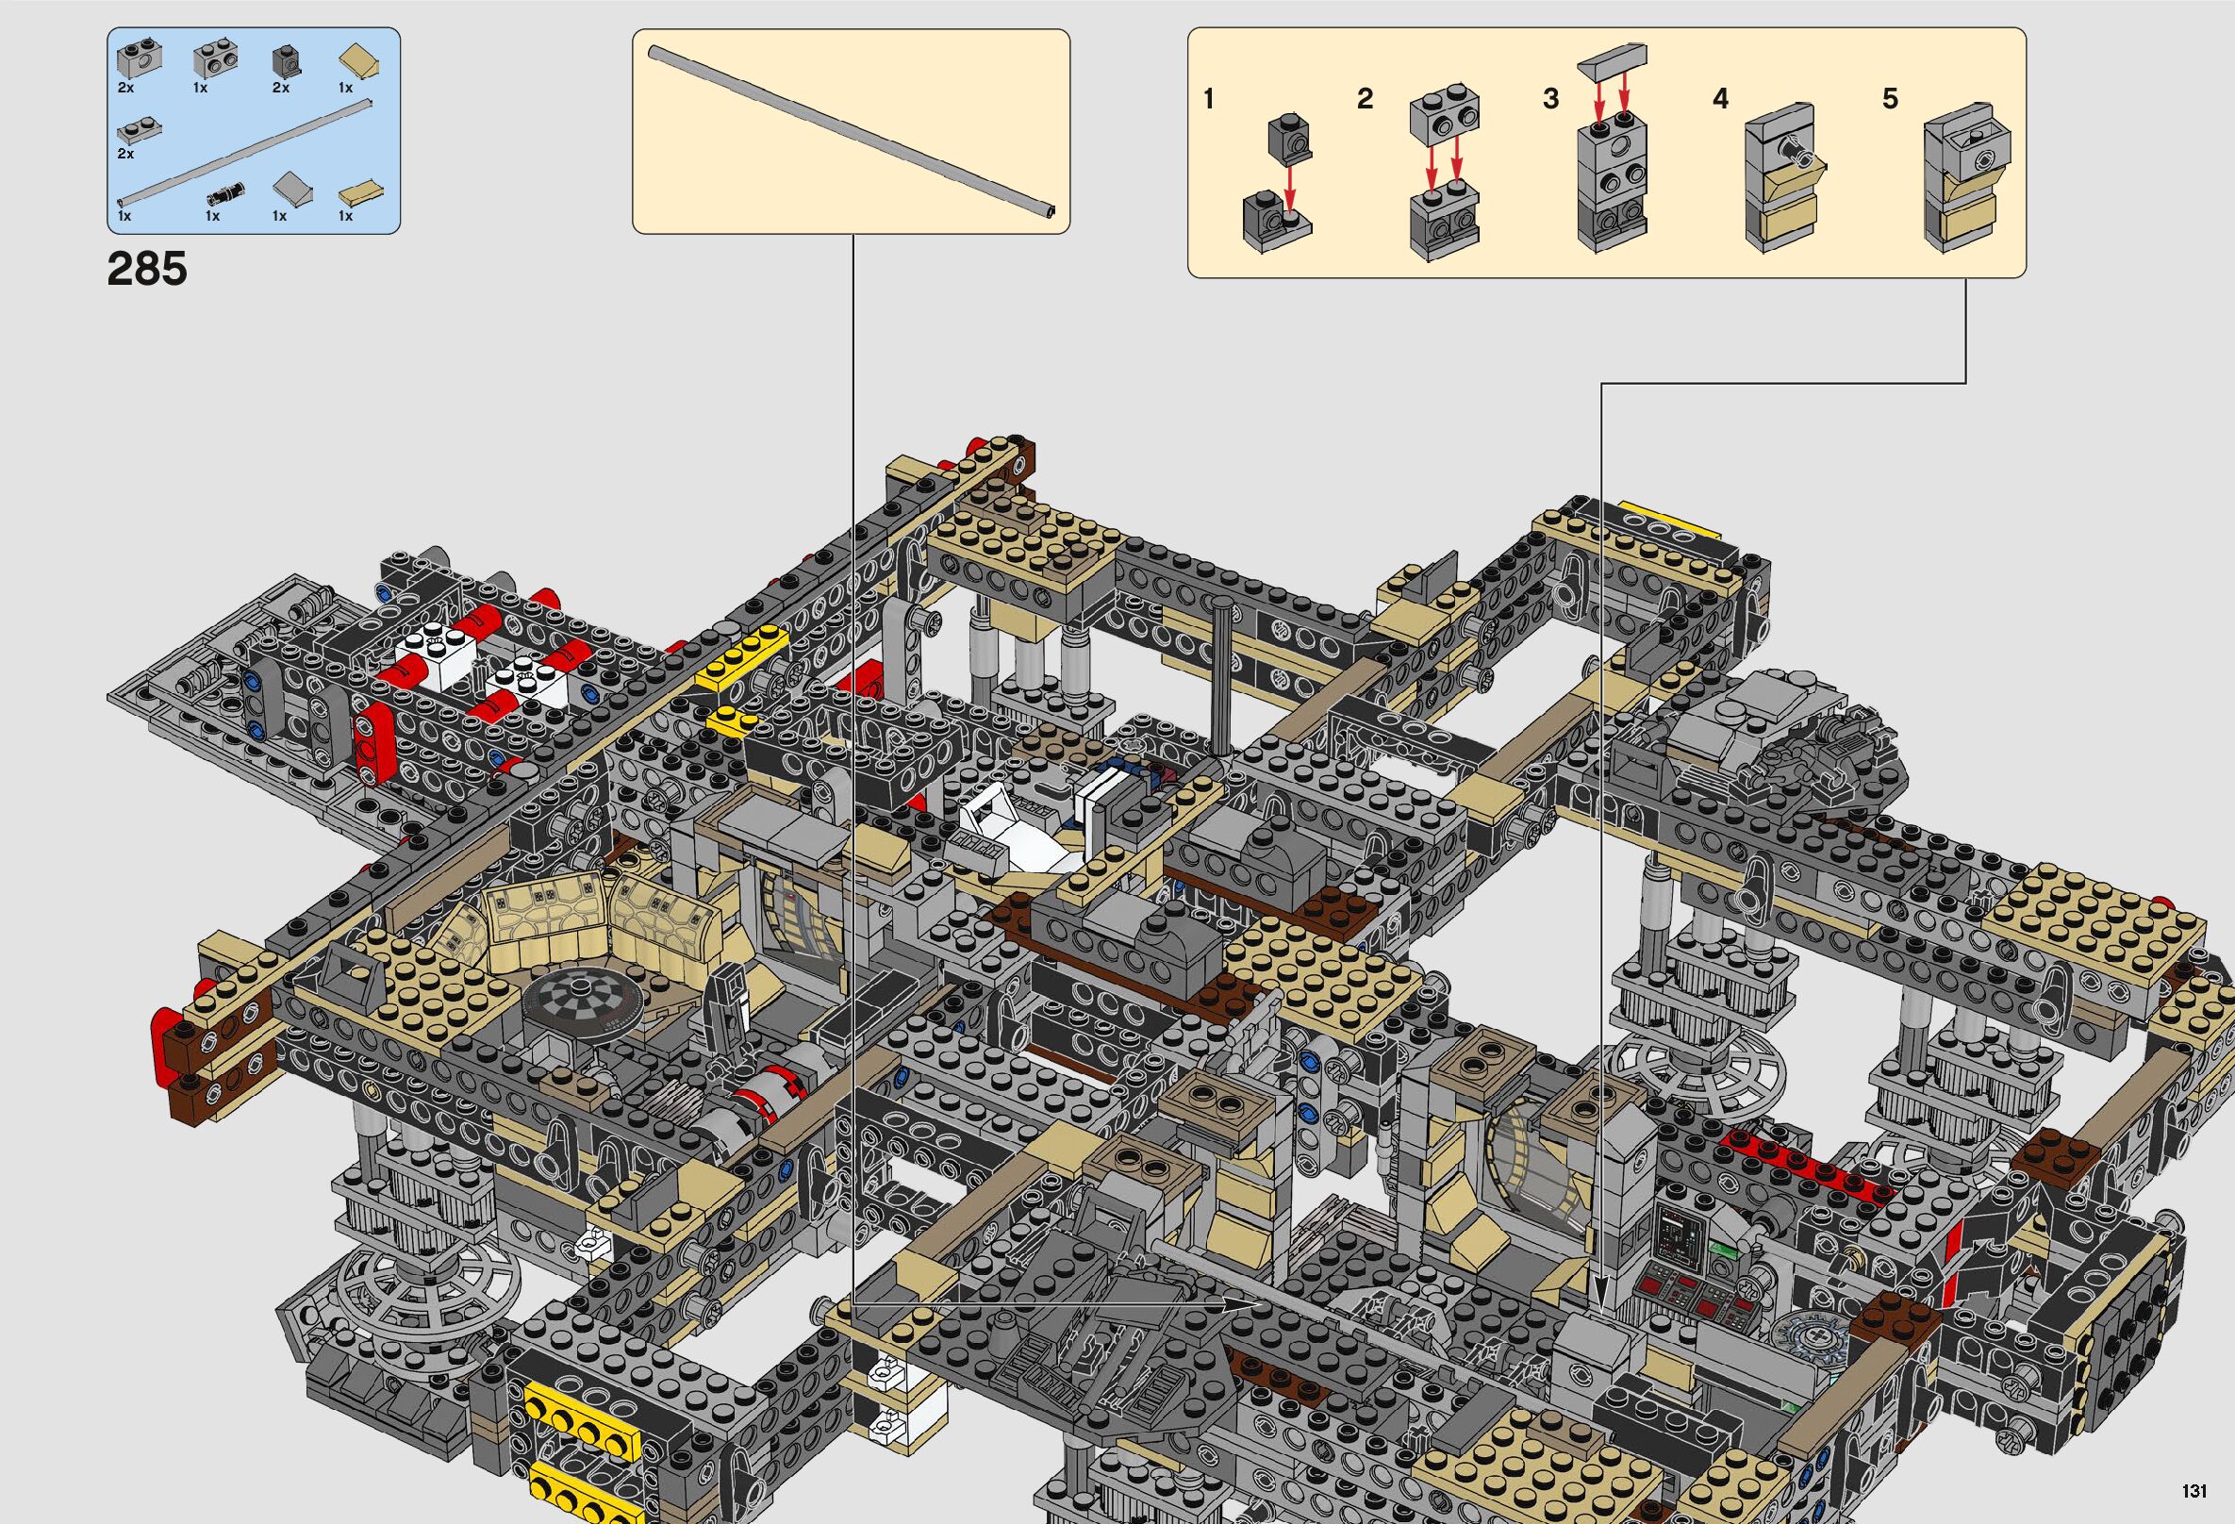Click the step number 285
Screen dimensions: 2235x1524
(x=147, y=269)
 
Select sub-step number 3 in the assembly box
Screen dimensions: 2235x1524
(x=1550, y=99)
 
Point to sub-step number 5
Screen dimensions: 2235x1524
(x=1890, y=99)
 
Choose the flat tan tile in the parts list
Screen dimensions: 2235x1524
(x=357, y=193)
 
